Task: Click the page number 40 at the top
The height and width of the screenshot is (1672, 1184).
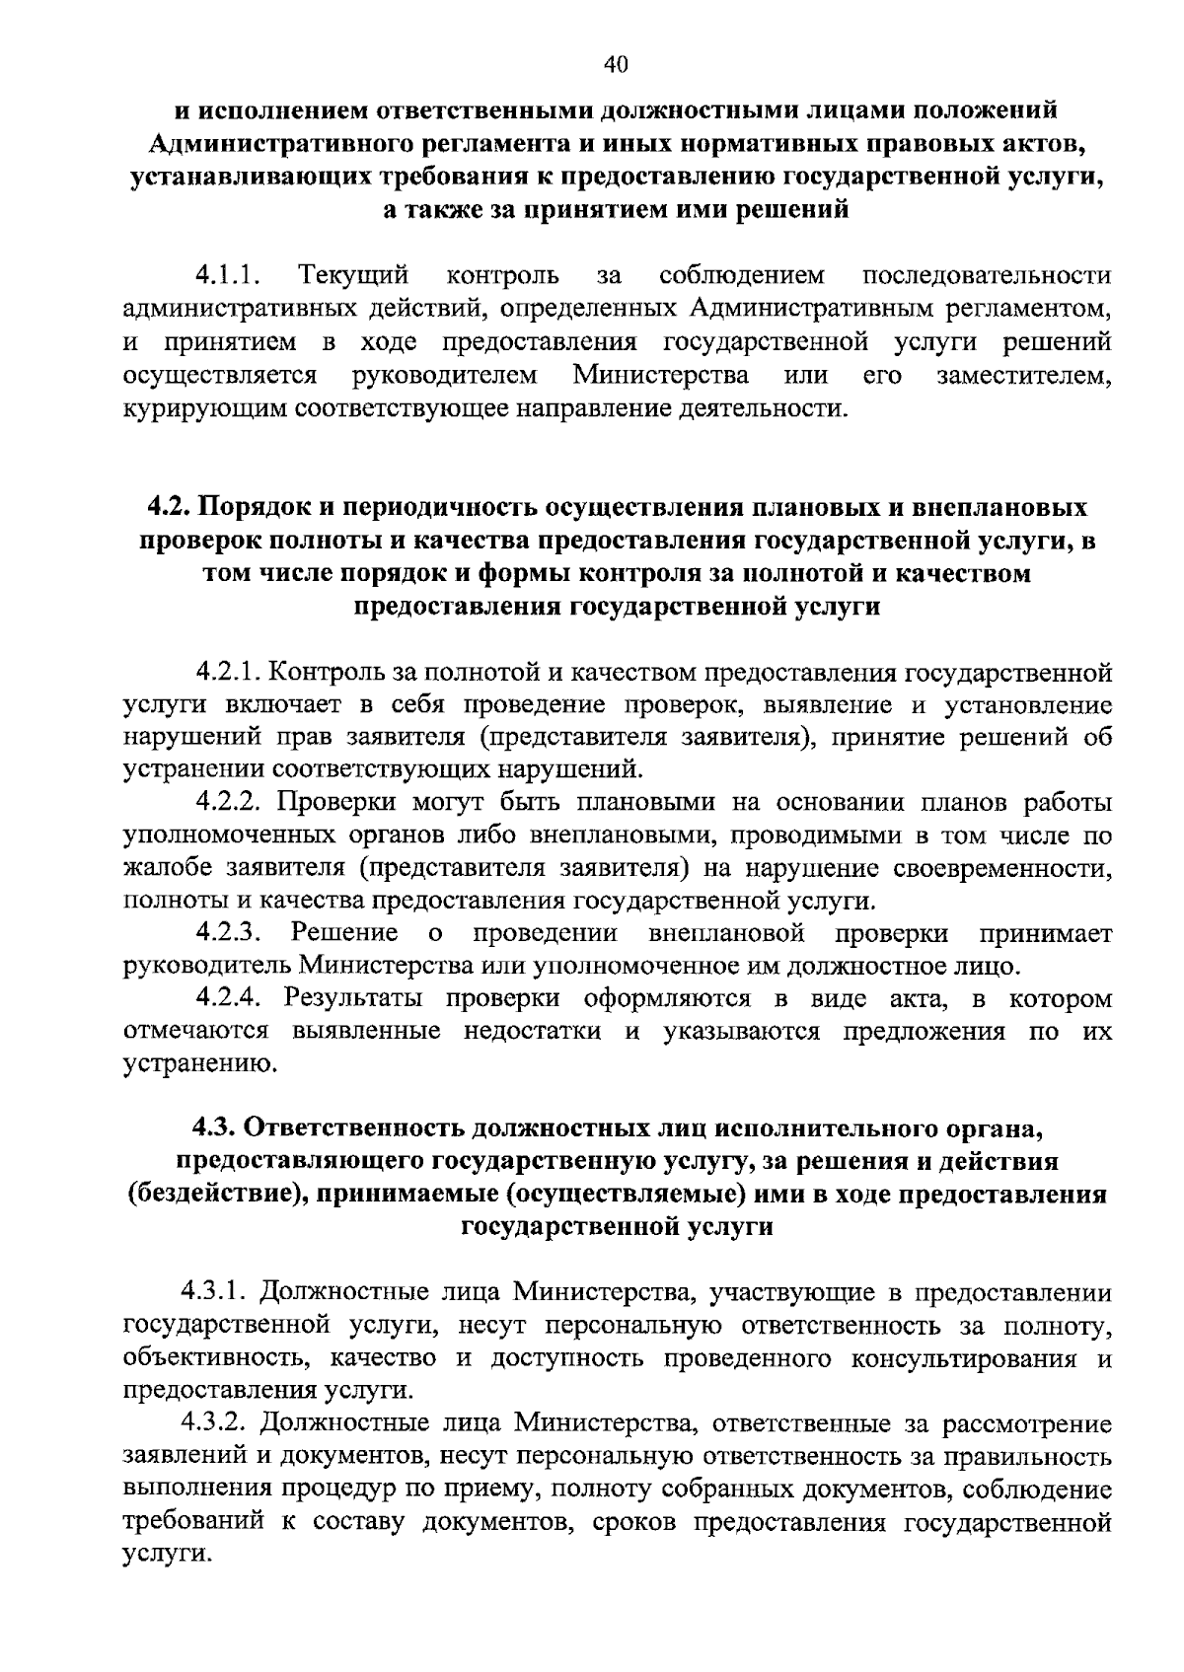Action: [614, 65]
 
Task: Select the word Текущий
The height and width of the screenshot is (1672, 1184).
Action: [354, 273]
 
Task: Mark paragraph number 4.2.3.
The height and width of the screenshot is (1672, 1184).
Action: [228, 932]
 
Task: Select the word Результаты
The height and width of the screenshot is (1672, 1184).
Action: [353, 998]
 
